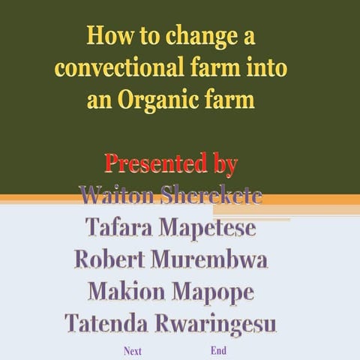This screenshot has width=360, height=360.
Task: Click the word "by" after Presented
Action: (223, 163)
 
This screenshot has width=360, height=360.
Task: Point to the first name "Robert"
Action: (112, 259)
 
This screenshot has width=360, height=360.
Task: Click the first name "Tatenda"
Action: (108, 324)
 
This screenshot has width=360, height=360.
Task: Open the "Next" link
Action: (133, 350)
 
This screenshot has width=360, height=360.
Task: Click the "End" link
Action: (219, 350)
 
